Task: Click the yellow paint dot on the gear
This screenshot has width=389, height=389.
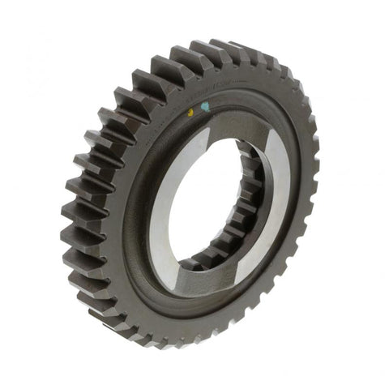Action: click(x=190, y=111)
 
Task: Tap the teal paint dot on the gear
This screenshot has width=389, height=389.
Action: click(x=205, y=105)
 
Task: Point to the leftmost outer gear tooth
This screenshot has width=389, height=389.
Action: click(x=71, y=235)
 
